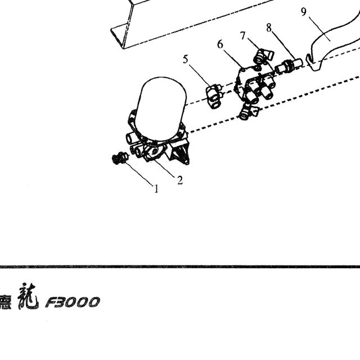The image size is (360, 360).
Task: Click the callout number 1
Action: point(156,189)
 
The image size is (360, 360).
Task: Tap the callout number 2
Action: point(180,180)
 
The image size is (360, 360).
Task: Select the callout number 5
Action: point(186,59)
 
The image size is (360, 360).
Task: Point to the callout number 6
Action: point(220,44)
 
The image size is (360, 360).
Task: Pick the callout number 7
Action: point(243,36)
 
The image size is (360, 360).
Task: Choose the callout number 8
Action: point(269,28)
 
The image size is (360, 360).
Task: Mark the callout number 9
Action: point(304,12)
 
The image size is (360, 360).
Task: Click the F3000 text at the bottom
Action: point(73,302)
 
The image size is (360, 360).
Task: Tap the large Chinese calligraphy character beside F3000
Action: point(28,296)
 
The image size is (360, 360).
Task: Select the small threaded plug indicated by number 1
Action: point(120,158)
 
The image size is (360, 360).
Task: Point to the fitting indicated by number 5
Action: point(214,96)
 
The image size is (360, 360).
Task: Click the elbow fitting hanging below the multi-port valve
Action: point(249,111)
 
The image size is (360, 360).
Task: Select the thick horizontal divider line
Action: point(180,267)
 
